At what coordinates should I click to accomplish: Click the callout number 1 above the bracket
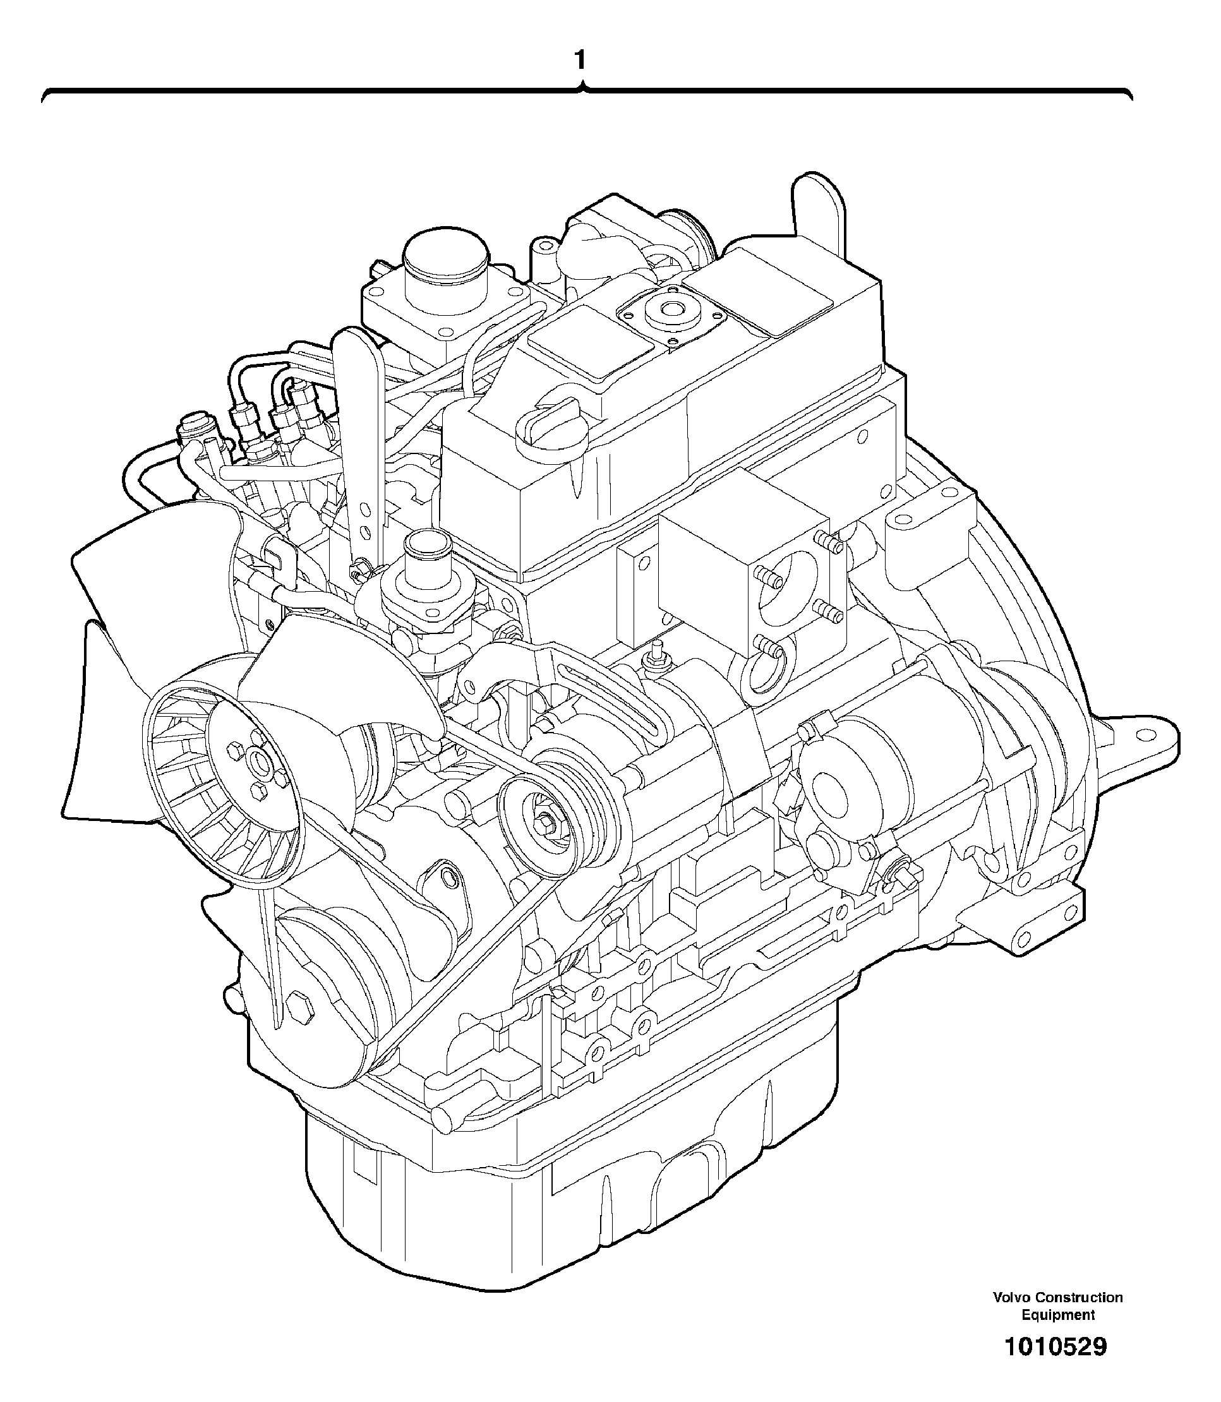coord(580,61)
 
